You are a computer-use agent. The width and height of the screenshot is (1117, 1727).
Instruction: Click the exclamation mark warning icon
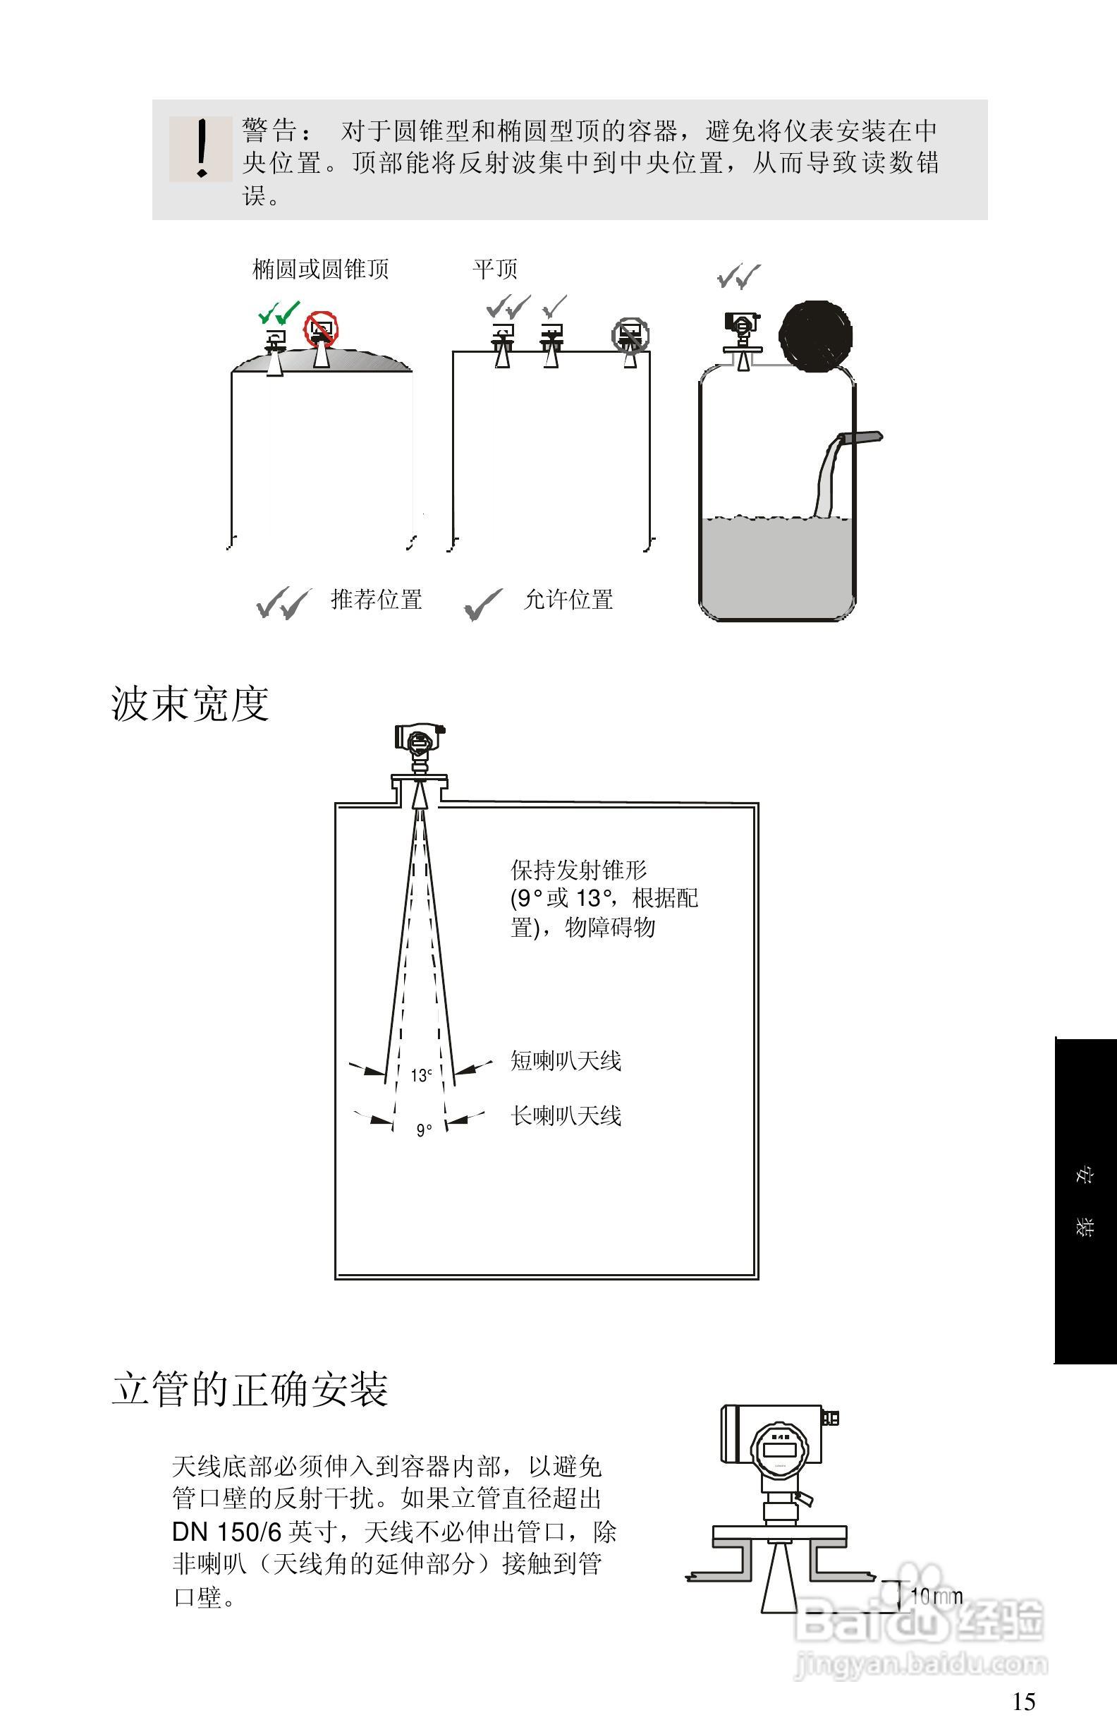(201, 149)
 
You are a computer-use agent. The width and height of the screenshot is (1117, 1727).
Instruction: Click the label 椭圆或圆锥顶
(321, 269)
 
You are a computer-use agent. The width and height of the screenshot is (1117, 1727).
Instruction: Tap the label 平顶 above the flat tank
(496, 269)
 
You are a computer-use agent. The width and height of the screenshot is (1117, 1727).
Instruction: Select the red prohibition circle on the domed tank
(321, 330)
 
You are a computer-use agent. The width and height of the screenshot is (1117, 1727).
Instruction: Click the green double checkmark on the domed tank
(279, 313)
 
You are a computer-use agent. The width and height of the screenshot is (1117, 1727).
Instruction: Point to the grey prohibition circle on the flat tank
(630, 335)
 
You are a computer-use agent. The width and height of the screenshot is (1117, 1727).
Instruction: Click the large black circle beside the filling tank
(815, 336)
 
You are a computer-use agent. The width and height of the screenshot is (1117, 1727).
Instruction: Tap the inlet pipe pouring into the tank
(860, 437)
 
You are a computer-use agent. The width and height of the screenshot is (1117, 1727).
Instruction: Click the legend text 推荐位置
(377, 600)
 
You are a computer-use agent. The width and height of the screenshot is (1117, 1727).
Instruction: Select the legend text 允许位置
(568, 600)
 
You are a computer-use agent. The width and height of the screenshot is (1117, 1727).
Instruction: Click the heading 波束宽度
(190, 704)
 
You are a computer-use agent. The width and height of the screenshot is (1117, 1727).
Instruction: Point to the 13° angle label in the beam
(421, 1075)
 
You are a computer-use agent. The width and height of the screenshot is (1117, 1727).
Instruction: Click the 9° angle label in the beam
(424, 1129)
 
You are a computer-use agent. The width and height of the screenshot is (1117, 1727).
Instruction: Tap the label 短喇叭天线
(566, 1061)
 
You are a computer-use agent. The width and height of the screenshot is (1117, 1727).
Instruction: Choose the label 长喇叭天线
(566, 1115)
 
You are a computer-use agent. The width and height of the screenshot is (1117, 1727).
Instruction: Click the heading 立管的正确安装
(250, 1390)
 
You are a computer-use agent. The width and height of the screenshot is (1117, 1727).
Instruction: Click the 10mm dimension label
(936, 1596)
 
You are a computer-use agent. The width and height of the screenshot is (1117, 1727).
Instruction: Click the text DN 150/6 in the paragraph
(226, 1531)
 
